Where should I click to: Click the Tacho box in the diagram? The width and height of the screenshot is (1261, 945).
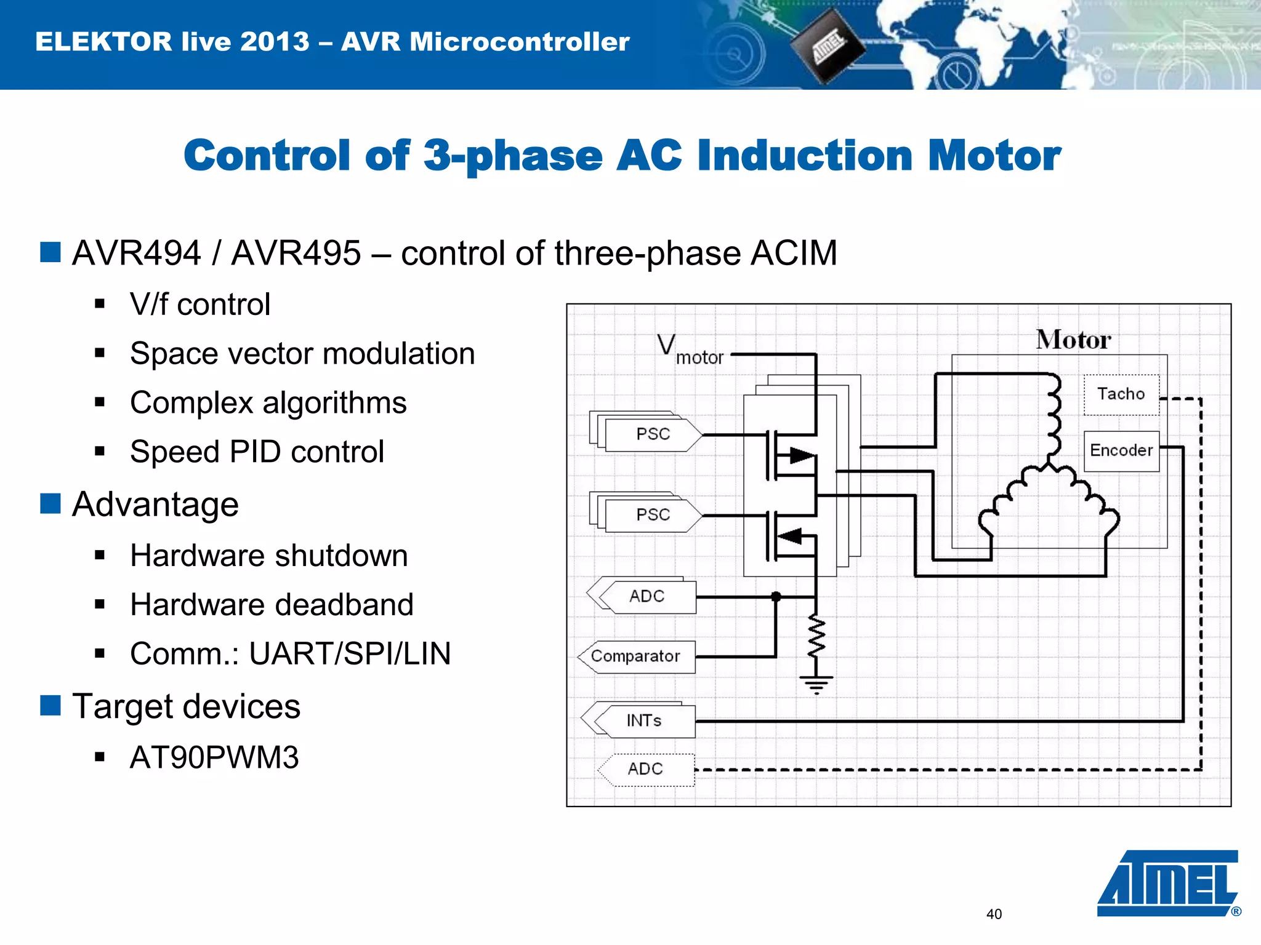coord(1121,394)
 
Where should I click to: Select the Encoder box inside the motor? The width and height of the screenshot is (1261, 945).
coord(1121,451)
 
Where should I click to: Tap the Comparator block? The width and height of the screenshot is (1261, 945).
coord(636,656)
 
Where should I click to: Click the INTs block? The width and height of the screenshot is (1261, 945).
coord(645,720)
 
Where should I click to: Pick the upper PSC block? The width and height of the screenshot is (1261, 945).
coord(653,434)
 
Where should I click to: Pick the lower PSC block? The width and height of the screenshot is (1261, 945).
coord(653,515)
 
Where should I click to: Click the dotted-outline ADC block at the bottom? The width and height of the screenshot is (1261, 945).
coord(646,769)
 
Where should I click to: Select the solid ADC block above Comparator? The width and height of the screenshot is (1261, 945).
coord(647,596)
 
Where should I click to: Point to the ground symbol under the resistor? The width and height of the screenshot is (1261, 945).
coord(816,684)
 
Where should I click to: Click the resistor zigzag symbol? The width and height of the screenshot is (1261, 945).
coord(816,637)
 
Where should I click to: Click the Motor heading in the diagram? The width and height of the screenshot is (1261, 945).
coord(1073,340)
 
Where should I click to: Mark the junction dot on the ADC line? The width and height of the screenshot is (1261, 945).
coord(776,596)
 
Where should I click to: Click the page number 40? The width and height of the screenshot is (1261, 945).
coord(994,914)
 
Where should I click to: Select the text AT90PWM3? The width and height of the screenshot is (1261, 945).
coord(214,757)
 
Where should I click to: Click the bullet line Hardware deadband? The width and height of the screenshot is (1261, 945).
coord(272,605)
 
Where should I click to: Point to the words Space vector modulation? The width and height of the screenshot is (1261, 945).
coord(302,354)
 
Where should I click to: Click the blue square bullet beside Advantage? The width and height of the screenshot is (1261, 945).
coord(50,503)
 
